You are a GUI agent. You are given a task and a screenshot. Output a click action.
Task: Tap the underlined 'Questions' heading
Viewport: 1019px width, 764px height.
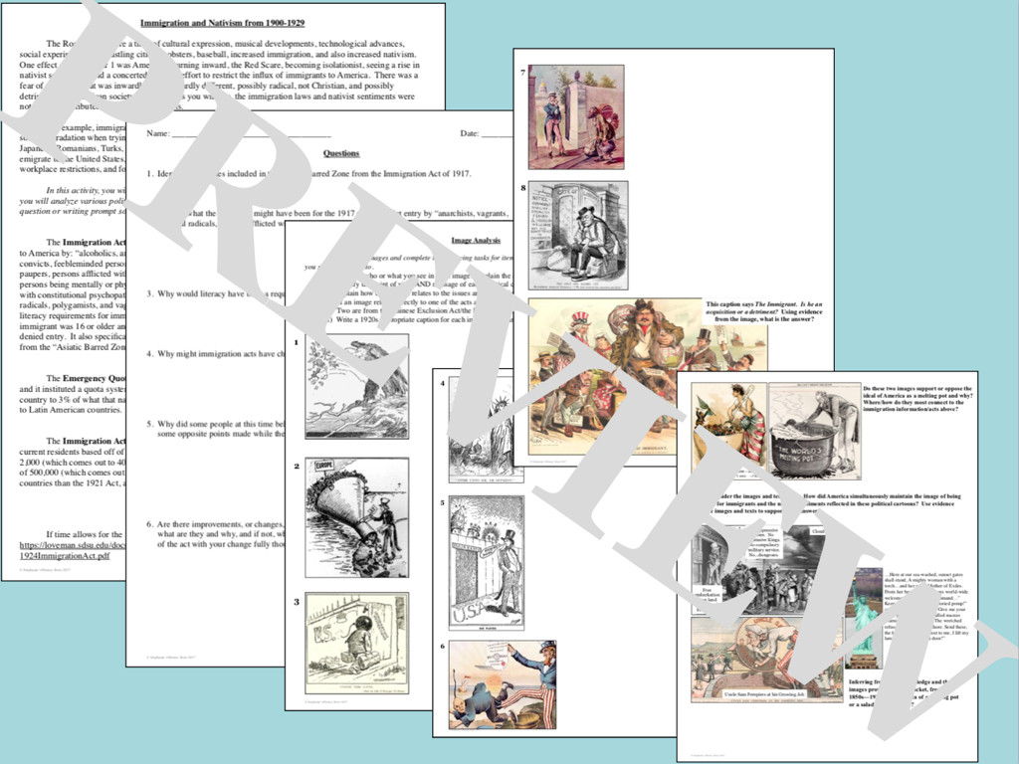pyautogui.click(x=341, y=153)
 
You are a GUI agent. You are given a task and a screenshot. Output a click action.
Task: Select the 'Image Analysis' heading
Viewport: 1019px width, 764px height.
pyautogui.click(x=476, y=241)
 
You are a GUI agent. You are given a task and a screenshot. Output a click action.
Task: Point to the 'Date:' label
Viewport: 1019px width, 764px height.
pyautogui.click(x=470, y=133)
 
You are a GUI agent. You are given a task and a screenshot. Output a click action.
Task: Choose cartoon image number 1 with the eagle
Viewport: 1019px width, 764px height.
pyautogui.click(x=356, y=386)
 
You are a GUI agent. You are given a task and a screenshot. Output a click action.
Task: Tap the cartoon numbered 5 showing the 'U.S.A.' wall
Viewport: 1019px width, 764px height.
pyautogui.click(x=486, y=563)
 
